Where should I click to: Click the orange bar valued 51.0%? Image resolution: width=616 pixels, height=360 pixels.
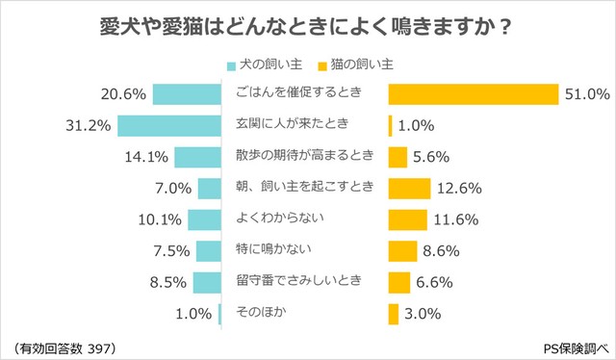(x=473, y=94)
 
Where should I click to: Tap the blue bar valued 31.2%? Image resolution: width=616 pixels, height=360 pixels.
(x=169, y=125)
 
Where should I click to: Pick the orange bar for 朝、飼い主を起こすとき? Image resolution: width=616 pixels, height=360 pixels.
(x=408, y=188)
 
